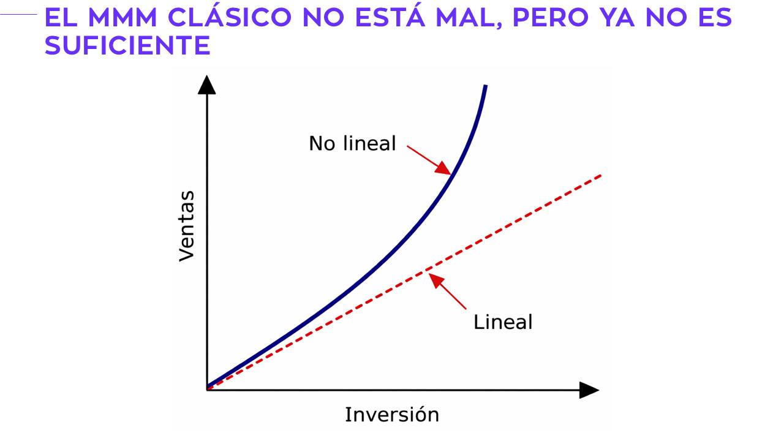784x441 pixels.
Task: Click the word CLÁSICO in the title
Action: coord(230,16)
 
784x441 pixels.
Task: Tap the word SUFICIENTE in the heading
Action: coord(128,45)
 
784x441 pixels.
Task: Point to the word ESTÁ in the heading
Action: coord(390,16)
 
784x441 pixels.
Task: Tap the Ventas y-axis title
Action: coord(187,226)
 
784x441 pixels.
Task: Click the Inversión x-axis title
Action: coord(392,415)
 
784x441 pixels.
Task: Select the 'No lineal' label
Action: coord(352,143)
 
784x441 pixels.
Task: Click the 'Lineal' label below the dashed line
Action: coord(503,322)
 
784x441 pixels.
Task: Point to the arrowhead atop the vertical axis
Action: coord(207,85)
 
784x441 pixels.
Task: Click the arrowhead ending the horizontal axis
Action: coord(589,390)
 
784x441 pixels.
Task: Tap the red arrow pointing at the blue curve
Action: coord(429,160)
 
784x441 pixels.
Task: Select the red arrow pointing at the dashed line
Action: coord(447,291)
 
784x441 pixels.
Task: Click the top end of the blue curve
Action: coord(486,85)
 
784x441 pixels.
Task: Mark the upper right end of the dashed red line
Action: coord(601,175)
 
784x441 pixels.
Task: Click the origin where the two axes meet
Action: coord(207,390)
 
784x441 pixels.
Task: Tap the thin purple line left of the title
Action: coord(18,14)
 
